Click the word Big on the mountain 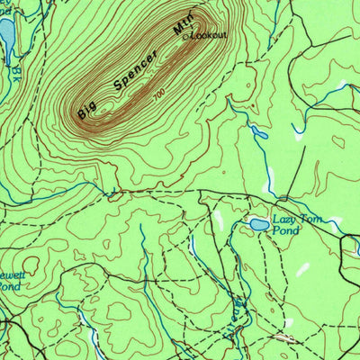click(86, 110)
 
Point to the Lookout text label click(210, 35)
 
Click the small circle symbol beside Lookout click(187, 37)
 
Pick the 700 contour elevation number click(159, 94)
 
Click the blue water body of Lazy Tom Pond click(258, 223)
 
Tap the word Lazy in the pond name click(285, 220)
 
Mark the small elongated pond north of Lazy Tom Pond click(259, 133)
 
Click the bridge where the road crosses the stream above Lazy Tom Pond click(284, 197)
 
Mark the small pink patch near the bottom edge click(286, 337)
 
